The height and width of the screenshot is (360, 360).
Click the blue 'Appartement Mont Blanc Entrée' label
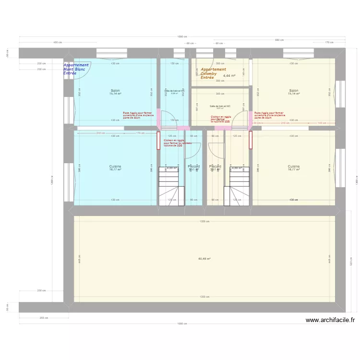tap(76, 69)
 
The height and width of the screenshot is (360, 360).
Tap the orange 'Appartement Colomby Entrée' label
tap(213, 73)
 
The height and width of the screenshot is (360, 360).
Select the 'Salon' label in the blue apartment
tap(115, 91)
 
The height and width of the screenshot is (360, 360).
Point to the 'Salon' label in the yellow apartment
tap(294, 91)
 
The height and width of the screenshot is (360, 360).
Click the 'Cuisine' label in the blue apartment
tap(115, 167)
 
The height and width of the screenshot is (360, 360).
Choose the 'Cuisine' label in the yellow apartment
tap(294, 167)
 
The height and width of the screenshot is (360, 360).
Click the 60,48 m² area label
tap(204, 259)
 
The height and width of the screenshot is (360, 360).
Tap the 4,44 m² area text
tap(229, 76)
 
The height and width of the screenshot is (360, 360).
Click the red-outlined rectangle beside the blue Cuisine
tap(158, 140)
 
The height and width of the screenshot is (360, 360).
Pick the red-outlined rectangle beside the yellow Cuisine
tap(251, 140)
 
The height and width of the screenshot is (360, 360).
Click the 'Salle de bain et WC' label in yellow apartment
tap(220, 106)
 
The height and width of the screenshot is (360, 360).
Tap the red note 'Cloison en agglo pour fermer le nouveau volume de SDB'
tap(177, 143)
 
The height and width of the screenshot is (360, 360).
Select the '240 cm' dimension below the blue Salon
tap(100, 133)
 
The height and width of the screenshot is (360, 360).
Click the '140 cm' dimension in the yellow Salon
tap(322, 123)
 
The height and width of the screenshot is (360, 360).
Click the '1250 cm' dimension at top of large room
tap(204, 221)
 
